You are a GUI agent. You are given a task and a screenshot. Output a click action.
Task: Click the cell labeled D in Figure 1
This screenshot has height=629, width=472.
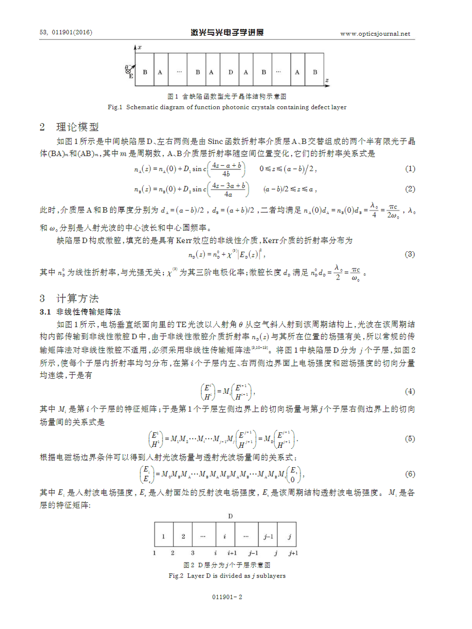(x=230, y=72)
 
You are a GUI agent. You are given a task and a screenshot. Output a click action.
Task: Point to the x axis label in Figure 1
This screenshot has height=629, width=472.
(x=140, y=47)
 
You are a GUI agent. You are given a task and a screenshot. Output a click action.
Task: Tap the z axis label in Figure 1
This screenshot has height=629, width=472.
(x=326, y=79)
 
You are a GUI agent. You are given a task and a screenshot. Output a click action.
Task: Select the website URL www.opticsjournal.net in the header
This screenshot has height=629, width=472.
(x=375, y=34)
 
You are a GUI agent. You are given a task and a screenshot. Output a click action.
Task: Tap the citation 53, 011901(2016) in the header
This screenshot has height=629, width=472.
(x=66, y=33)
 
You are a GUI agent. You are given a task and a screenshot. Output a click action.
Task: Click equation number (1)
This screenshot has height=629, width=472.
(x=410, y=169)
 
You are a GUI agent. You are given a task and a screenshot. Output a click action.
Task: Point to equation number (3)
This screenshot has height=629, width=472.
(x=410, y=255)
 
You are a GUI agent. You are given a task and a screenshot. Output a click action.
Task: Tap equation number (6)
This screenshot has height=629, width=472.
(x=410, y=474)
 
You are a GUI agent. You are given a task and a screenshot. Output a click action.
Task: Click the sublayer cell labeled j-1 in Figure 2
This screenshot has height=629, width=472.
(x=267, y=536)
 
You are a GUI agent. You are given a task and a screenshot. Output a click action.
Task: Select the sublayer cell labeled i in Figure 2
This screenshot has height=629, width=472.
(x=225, y=536)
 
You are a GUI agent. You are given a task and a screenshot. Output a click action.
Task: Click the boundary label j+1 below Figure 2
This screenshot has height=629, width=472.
(x=293, y=553)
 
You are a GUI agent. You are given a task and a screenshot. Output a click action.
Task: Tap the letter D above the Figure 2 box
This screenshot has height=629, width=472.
(x=231, y=516)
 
